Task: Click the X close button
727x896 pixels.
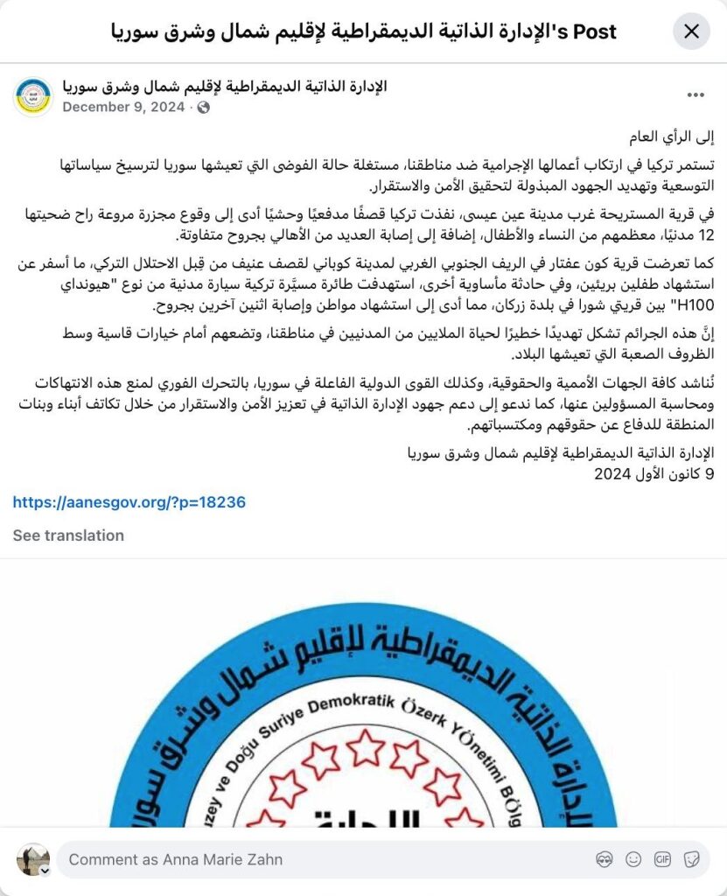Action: point(691,32)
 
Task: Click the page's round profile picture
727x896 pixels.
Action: point(33,96)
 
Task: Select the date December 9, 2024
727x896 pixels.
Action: point(123,107)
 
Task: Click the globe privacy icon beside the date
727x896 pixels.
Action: point(204,107)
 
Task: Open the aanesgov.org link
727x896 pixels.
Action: point(129,502)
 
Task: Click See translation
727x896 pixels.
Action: point(68,535)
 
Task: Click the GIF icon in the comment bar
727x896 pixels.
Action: point(662,859)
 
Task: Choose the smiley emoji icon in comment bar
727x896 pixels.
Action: point(633,859)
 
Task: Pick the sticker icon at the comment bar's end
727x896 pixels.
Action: point(691,859)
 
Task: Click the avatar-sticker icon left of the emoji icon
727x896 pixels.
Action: point(605,859)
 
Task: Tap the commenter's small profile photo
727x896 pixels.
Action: point(33,859)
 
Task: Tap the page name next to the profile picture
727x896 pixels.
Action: point(225,86)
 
